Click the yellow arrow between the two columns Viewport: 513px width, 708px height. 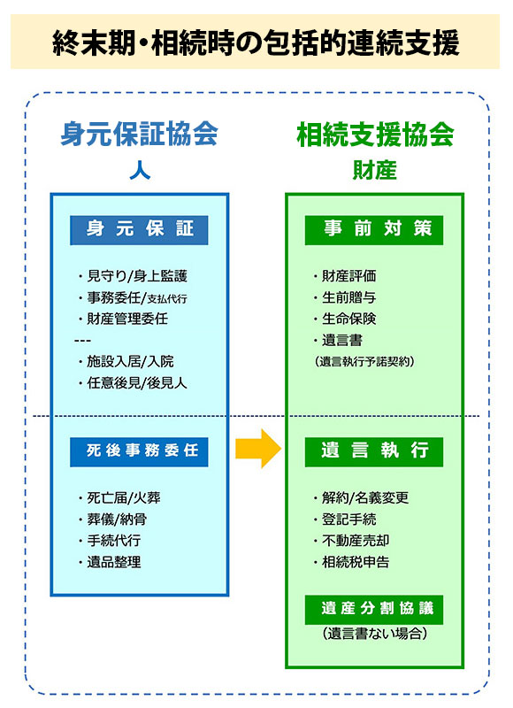click(x=258, y=449)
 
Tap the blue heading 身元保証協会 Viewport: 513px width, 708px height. click(x=140, y=134)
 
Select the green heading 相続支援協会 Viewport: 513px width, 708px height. click(x=375, y=135)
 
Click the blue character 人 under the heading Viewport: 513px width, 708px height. click(x=140, y=171)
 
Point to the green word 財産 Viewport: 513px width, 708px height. click(x=374, y=171)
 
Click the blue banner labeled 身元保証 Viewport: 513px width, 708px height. click(x=139, y=230)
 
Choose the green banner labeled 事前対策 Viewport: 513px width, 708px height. click(x=374, y=230)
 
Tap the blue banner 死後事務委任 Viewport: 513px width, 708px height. click(x=139, y=452)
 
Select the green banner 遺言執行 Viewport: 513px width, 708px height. click(x=374, y=452)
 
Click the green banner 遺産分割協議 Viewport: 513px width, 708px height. click(x=374, y=610)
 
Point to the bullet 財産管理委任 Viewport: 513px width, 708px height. click(x=123, y=319)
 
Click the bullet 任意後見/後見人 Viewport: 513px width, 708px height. click(x=133, y=383)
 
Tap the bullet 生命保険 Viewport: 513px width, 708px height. click(x=345, y=319)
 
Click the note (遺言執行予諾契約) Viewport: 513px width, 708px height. click(x=364, y=362)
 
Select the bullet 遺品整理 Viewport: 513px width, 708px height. click(x=110, y=562)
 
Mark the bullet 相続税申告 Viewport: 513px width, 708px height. click(x=351, y=562)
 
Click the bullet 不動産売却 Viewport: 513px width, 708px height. click(x=351, y=541)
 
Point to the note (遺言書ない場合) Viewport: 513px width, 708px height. click(x=374, y=634)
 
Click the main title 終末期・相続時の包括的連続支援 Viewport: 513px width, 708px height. click(x=256, y=42)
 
